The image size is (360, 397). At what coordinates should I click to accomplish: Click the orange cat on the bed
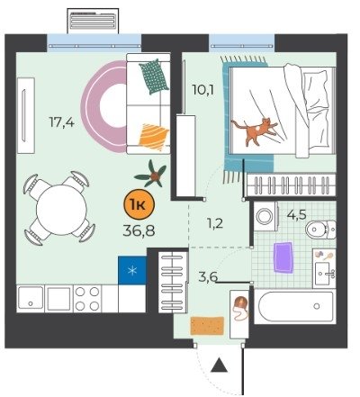coord(255,131)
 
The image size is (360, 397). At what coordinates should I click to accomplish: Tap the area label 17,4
coord(61,122)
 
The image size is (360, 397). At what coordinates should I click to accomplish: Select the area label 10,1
coord(203,89)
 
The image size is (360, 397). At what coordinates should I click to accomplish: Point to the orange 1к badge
coord(139,204)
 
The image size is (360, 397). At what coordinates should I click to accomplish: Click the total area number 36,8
coord(139,230)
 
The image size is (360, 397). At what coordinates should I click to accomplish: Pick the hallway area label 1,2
coord(215,223)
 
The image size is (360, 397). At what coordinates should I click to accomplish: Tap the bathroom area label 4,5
coord(296,214)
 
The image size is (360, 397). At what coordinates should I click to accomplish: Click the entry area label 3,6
coord(208,276)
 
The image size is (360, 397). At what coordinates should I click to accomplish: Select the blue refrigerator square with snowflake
coord(132,270)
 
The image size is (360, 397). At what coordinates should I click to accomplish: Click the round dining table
coord(61,210)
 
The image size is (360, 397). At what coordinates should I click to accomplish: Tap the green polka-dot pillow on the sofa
coord(154,77)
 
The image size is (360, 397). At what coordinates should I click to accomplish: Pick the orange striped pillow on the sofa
coord(153,137)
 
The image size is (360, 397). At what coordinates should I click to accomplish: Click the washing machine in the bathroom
coord(265,216)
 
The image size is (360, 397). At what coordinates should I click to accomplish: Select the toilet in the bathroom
coord(320,230)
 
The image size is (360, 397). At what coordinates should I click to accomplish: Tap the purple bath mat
coord(283,257)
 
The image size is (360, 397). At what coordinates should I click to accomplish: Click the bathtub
coord(295,306)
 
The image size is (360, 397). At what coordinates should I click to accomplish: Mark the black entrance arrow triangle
coord(219,365)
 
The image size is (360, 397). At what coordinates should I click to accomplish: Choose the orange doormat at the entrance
coord(207,326)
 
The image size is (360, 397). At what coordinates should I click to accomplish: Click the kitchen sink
coord(31,298)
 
